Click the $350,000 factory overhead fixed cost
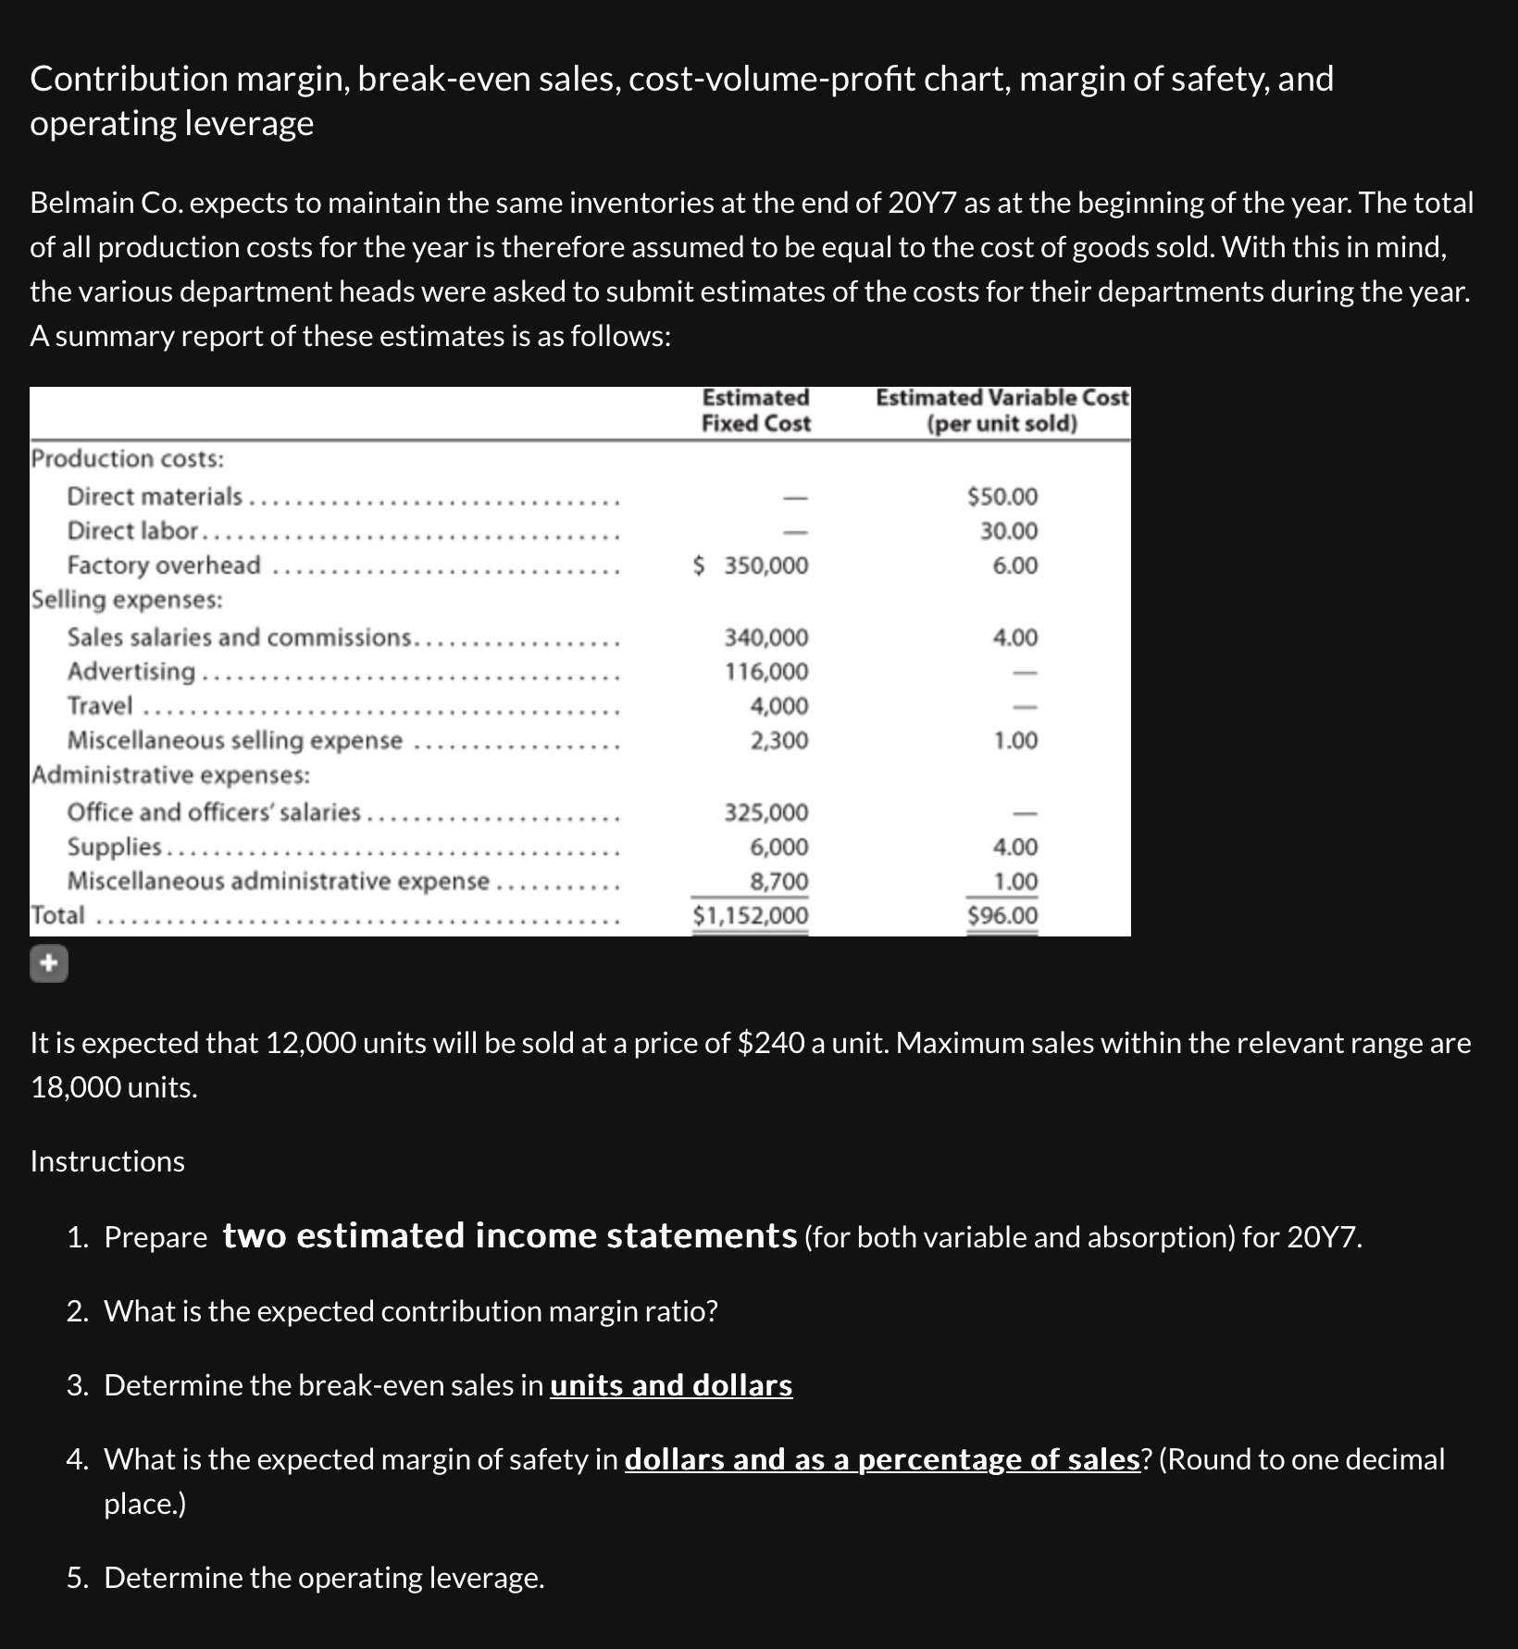pos(752,565)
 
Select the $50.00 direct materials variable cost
pos(1002,497)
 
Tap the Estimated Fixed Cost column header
pos(755,410)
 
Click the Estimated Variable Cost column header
pos(1002,410)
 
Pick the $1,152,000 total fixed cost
pos(751,915)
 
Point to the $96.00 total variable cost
pos(1002,915)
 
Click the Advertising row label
pos(131,671)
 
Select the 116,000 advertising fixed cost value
pos(765,671)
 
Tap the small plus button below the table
pos(49,964)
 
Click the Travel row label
pos(100,705)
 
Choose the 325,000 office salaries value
pos(765,812)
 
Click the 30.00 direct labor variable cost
pos(1009,531)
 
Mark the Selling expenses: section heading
pos(127,600)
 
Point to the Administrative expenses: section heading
pos(170,775)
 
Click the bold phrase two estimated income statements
pos(510,1235)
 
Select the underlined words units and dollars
pos(671,1384)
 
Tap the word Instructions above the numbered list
pos(107,1161)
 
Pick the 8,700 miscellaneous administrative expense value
pos(778,881)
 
